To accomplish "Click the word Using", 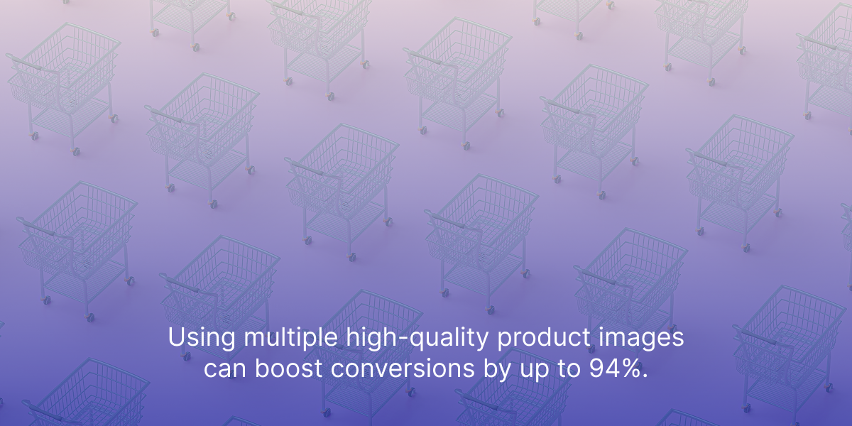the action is pyautogui.click(x=202, y=338).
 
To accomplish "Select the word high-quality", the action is pyautogui.click(x=417, y=338).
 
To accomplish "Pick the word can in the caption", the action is pyautogui.click(x=225, y=369).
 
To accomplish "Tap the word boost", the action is pyautogui.click(x=289, y=368).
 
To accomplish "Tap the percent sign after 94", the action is pyautogui.click(x=628, y=368).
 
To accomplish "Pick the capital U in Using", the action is pyautogui.click(x=177, y=337).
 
